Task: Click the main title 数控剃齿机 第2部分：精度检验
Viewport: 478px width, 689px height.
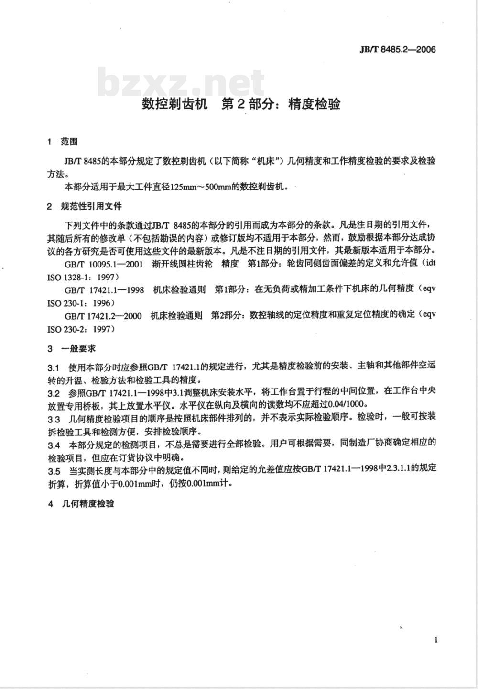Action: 241,104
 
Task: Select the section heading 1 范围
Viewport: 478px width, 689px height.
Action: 62,142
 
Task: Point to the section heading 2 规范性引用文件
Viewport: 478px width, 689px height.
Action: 85,206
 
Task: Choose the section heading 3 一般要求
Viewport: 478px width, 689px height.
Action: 72,349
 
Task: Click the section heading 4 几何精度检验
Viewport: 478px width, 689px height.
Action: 81,504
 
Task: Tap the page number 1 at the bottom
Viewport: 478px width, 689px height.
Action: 436,640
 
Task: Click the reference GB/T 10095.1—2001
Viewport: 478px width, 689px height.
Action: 103,264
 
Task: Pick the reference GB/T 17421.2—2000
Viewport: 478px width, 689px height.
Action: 103,315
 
